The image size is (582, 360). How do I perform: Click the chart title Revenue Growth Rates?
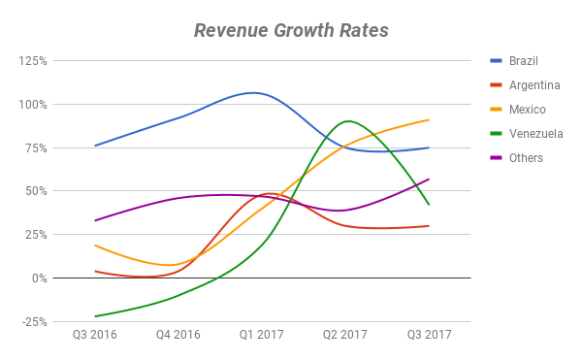pyautogui.click(x=291, y=30)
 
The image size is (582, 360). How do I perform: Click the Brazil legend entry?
pyautogui.click(x=525, y=61)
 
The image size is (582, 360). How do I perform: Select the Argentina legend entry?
pyautogui.click(x=534, y=85)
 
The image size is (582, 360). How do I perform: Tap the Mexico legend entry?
pyautogui.click(x=527, y=110)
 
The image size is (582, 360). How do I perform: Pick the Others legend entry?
pyautogui.click(x=526, y=158)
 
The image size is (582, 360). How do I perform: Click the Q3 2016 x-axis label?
pyautogui.click(x=95, y=336)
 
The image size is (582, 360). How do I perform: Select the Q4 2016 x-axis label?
pyautogui.click(x=178, y=336)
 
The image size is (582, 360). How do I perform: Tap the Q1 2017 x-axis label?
pyautogui.click(x=262, y=336)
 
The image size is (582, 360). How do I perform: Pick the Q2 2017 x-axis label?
pyautogui.click(x=345, y=336)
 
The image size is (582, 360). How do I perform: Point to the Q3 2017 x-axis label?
pyautogui.click(x=429, y=336)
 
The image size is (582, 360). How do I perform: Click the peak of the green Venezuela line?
pyautogui.click(x=346, y=121)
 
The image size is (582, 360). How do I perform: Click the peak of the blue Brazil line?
pyautogui.click(x=253, y=93)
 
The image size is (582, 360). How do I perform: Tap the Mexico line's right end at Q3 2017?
pyautogui.click(x=429, y=120)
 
